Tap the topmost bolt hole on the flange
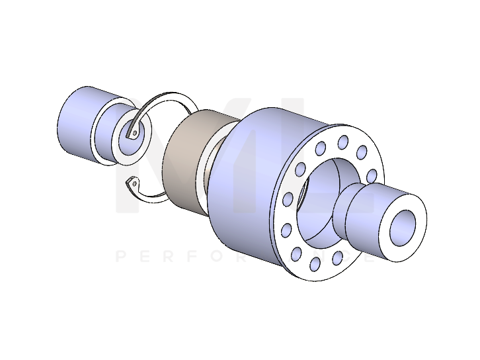[x=343, y=142]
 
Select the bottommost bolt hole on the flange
[x=315, y=264]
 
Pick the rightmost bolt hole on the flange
[x=372, y=175]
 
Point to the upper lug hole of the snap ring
[x=135, y=133]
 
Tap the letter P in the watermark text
[x=120, y=255]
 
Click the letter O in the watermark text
[x=223, y=255]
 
